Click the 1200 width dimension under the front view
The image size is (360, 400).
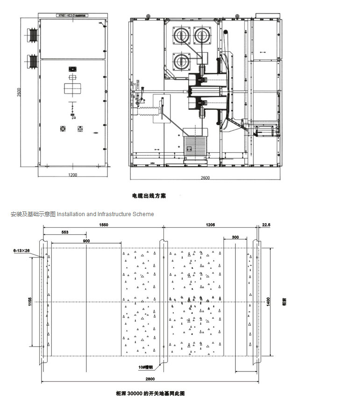pyautogui.click(x=72, y=175)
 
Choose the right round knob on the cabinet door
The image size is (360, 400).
pyautogui.click(x=79, y=128)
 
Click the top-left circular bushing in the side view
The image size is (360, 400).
pyautogui.click(x=181, y=35)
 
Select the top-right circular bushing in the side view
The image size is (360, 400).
pyautogui.click(x=203, y=35)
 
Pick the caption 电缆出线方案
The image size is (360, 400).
pyautogui.click(x=149, y=196)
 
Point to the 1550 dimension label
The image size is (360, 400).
pyautogui.click(x=103, y=225)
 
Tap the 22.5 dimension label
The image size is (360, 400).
pyautogui.click(x=266, y=225)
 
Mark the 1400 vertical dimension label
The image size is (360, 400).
pyautogui.click(x=268, y=302)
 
